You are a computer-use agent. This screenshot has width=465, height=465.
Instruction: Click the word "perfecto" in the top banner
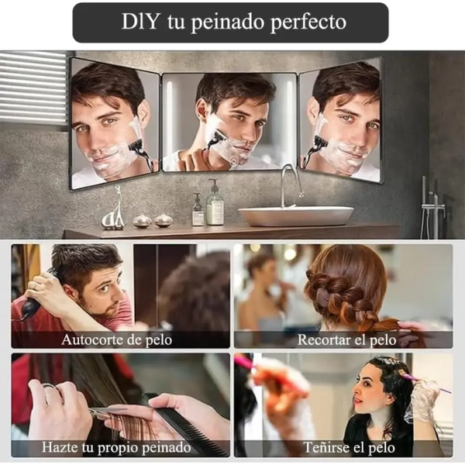coord(308,22)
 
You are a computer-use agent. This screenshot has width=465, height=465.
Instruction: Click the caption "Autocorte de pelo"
coord(117,339)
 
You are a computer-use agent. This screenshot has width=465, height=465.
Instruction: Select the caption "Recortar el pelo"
coord(346,340)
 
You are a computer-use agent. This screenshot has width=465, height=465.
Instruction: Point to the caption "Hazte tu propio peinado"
coord(116,447)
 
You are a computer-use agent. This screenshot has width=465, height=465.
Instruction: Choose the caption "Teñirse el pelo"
coord(350,447)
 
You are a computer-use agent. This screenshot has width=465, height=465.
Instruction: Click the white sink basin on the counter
coord(296,215)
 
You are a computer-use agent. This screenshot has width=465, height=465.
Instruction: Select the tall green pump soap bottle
coord(215,205)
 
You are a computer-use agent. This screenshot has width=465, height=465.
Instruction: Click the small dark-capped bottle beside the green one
coord(198,210)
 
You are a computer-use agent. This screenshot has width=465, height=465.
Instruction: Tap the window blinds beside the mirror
coord(33,88)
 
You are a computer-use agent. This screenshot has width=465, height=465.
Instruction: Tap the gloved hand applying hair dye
coord(422,401)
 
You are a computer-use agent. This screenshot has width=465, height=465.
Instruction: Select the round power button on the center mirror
coord(233,160)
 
